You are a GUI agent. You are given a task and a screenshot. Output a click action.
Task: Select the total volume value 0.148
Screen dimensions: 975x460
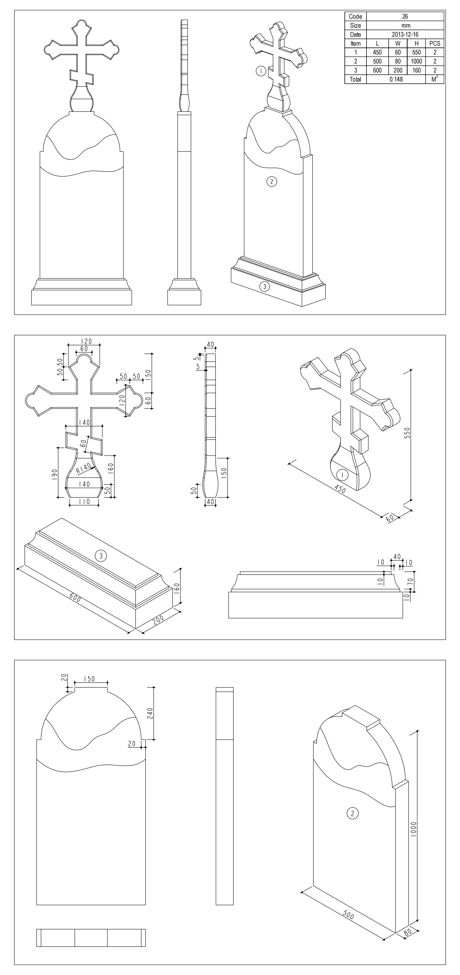coord(396,79)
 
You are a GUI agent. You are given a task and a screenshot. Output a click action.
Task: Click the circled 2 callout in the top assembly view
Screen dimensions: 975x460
coord(271,182)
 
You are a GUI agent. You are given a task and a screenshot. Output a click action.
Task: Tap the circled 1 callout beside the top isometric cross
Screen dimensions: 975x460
coord(261,71)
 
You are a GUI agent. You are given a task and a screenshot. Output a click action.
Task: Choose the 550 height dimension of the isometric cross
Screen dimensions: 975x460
coord(407,433)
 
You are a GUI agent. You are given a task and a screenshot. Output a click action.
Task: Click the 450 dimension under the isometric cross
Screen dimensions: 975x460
coord(340,489)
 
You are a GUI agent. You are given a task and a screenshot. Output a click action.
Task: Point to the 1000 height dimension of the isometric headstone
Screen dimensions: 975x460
coord(413,829)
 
